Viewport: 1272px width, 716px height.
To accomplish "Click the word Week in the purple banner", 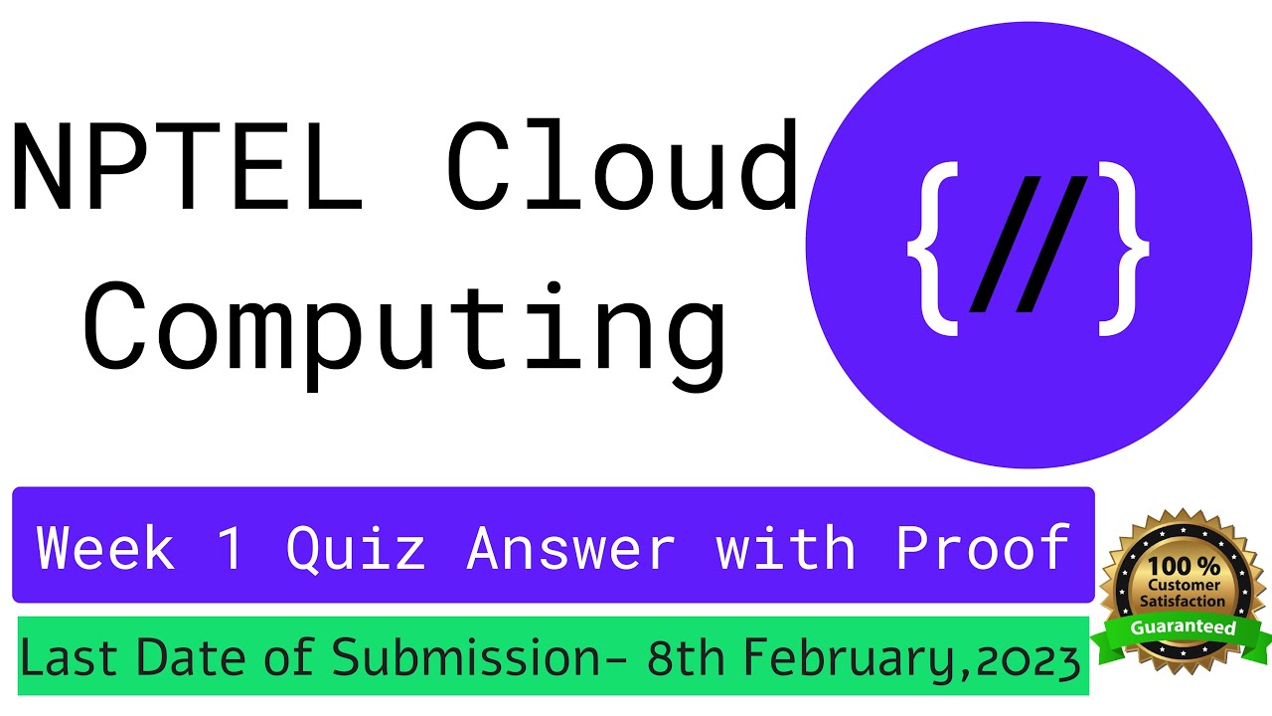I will pos(105,548).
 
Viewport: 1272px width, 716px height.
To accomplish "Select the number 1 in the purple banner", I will pos(231,548).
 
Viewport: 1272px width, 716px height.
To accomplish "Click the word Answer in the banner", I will pos(571,548).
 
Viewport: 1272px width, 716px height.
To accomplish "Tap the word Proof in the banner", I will pos(983,548).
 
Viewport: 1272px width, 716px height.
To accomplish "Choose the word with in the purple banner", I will pos(786,548).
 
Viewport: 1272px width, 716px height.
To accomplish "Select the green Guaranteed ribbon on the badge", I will pos(1183,628).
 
